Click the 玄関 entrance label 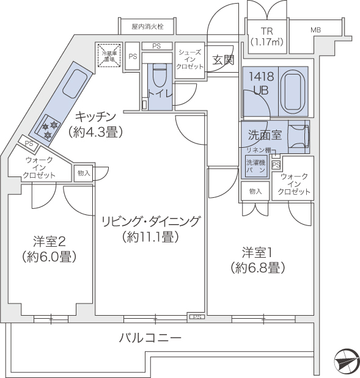(x=224, y=60)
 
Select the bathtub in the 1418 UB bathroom (x=293, y=91)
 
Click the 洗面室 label (x=265, y=134)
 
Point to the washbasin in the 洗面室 (x=298, y=135)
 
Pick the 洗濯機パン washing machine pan (x=256, y=166)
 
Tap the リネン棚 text (x=258, y=150)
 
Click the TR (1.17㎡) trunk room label (x=266, y=36)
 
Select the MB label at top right (x=315, y=30)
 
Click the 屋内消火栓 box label (x=147, y=27)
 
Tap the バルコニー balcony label (x=150, y=337)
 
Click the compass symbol (x=345, y=362)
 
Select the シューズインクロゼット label (x=189, y=60)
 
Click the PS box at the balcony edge (x=196, y=317)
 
